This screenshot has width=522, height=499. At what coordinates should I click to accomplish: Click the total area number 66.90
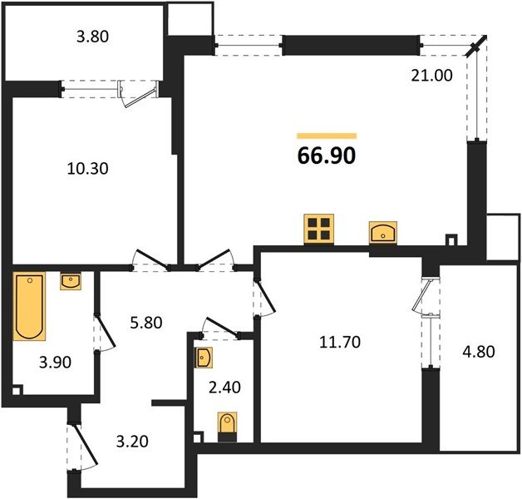click(x=326, y=156)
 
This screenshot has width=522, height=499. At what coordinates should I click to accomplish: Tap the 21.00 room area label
click(x=431, y=76)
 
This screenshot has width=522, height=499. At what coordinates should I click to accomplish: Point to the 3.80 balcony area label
click(x=92, y=36)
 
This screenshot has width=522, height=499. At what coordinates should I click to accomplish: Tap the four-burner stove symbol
click(x=318, y=228)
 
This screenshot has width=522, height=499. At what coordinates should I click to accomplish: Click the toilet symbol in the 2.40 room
click(x=227, y=425)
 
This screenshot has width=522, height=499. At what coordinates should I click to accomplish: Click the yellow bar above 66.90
click(x=326, y=136)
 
